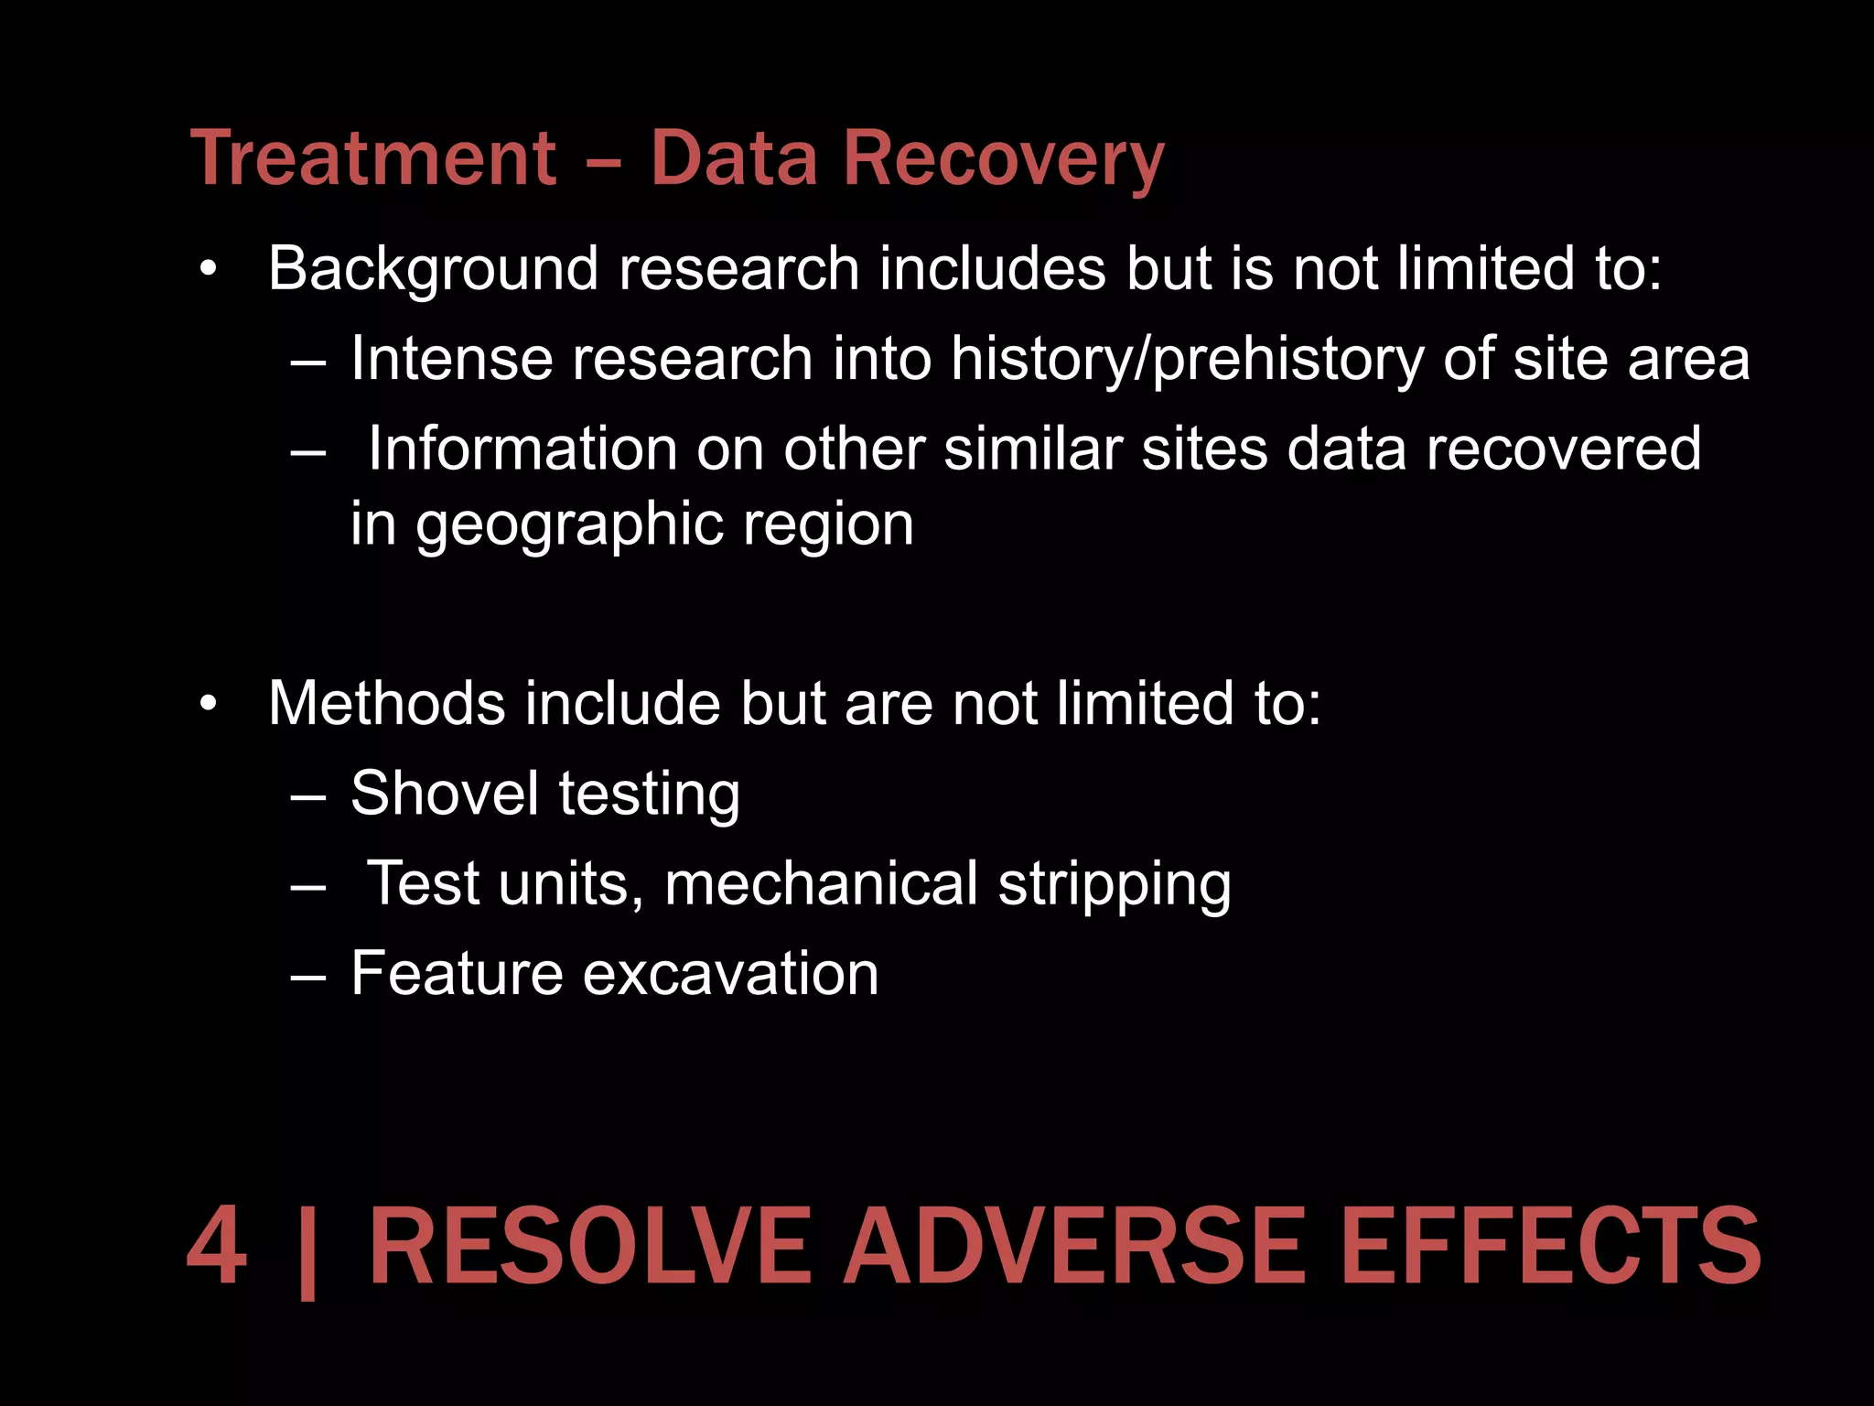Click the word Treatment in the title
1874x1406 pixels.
[373, 159]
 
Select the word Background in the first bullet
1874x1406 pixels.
[432, 271]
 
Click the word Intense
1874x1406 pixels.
[452, 359]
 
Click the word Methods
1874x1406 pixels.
[386, 704]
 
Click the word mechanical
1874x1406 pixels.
[821, 884]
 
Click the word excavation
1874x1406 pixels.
[730, 973]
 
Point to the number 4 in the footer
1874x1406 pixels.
[217, 1247]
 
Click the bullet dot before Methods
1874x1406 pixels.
[210, 704]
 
